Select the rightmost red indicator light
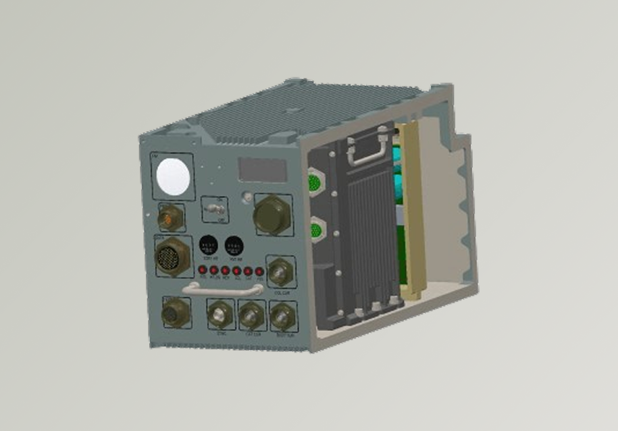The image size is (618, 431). pyautogui.click(x=259, y=272)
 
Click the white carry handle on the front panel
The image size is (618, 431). pyautogui.click(x=222, y=288)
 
